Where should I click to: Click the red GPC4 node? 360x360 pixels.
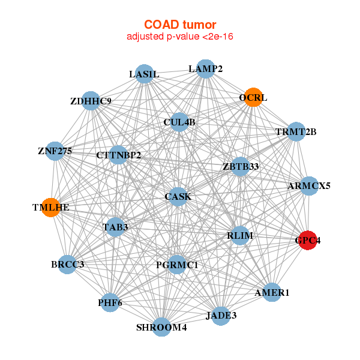point(308,240)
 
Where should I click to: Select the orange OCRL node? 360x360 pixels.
point(253,97)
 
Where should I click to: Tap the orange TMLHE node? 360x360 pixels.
point(51,208)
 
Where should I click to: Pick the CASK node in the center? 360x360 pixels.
point(178,197)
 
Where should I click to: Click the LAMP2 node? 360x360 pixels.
point(205,69)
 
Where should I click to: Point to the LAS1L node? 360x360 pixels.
point(144,74)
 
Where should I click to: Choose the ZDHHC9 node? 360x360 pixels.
point(91,101)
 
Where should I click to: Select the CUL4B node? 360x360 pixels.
point(179,122)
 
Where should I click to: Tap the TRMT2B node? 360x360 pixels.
point(296,131)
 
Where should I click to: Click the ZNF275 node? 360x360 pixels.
point(55,151)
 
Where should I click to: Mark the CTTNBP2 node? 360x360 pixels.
point(118,155)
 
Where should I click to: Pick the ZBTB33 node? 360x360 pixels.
point(241,166)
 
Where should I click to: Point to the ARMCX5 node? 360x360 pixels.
point(309,186)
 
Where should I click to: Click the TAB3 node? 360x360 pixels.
point(115,227)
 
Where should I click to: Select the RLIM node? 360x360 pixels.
point(240,235)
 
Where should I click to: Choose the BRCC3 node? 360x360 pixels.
point(67,265)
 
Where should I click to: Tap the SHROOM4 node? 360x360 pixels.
point(161,327)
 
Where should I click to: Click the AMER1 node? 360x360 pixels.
point(272,292)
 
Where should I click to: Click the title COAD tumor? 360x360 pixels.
point(180,25)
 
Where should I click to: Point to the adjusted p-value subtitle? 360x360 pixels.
point(180,37)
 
